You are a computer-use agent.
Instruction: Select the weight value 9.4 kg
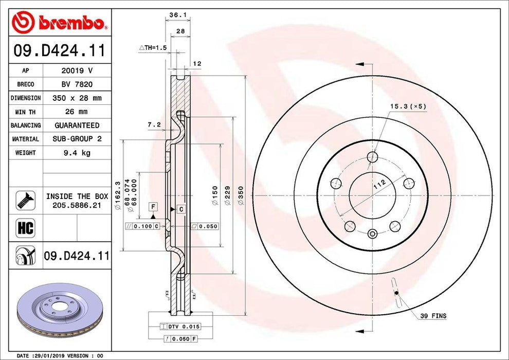pos(77,153)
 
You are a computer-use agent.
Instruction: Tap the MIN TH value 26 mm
pos(77,111)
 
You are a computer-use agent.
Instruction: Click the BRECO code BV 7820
pos(77,84)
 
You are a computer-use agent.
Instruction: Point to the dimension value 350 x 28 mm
pos(77,98)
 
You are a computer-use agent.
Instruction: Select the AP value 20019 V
pos(77,70)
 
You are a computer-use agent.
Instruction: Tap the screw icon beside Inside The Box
pos(26,200)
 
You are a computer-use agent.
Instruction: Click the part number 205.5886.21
pos(77,205)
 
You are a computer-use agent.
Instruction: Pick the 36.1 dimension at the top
pos(177,15)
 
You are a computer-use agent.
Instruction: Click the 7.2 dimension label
pos(154,124)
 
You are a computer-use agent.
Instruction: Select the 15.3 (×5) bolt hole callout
pos(408,106)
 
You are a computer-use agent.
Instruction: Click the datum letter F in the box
pos(153,207)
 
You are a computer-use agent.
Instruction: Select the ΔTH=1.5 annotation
pos(153,47)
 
